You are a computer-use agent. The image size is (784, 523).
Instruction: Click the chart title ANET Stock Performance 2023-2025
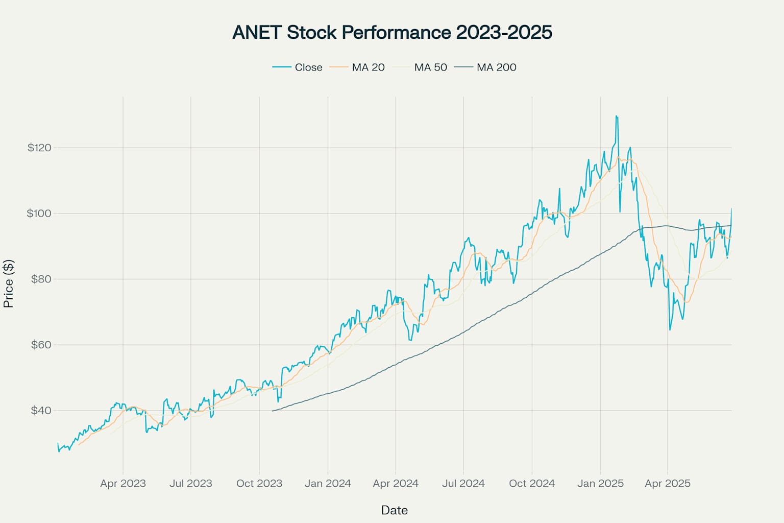tap(392, 32)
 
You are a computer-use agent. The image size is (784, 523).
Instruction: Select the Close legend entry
tap(308, 67)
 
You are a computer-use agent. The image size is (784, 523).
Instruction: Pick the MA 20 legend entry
tap(368, 67)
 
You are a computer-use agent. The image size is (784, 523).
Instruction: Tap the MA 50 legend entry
tap(430, 67)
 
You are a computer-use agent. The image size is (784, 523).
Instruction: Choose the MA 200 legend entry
tap(496, 67)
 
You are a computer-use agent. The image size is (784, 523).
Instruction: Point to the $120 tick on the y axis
tap(39, 148)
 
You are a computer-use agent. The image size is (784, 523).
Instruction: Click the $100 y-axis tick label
tap(39, 213)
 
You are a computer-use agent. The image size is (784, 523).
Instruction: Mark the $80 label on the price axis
tap(41, 279)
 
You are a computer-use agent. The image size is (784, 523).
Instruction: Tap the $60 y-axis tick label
tap(41, 345)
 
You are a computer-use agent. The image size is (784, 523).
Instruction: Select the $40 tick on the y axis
tap(41, 411)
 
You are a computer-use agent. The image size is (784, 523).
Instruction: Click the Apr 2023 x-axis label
tap(123, 484)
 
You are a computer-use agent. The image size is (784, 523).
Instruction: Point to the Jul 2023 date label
tap(191, 484)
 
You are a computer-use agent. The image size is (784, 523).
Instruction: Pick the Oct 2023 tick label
tap(259, 484)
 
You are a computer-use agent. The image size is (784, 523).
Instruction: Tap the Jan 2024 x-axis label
tap(328, 484)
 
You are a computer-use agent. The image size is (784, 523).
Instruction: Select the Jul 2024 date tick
tap(463, 484)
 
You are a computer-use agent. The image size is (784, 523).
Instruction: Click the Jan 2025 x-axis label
tap(600, 484)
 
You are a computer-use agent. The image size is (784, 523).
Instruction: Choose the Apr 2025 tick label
tap(668, 484)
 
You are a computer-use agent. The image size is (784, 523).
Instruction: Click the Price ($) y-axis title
tap(9, 284)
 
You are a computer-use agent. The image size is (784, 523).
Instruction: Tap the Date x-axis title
tap(394, 510)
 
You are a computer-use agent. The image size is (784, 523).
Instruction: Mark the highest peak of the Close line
tap(616, 116)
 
